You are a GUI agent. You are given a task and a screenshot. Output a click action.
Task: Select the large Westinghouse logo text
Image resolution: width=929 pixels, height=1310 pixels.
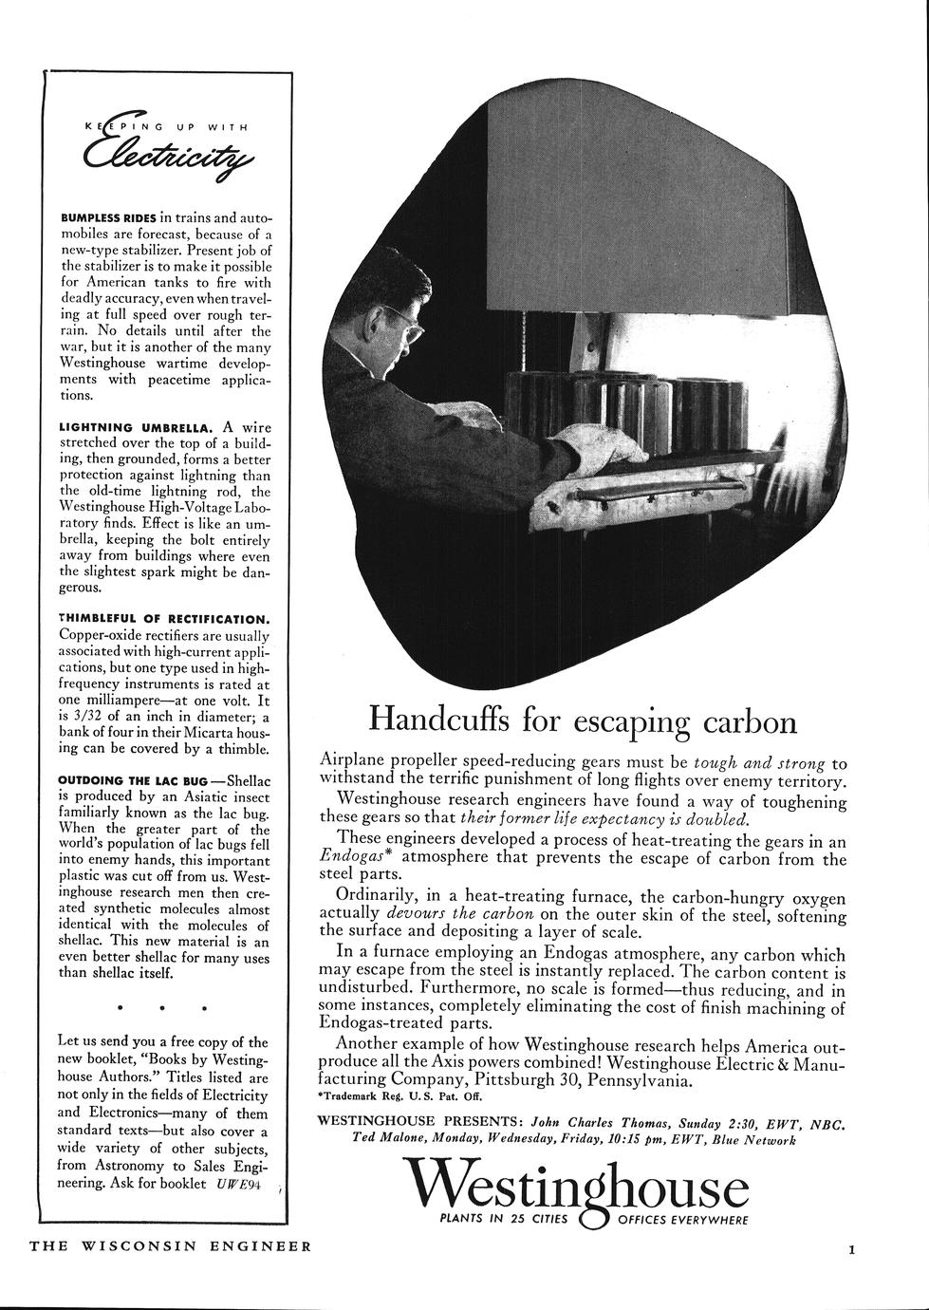tap(577, 1187)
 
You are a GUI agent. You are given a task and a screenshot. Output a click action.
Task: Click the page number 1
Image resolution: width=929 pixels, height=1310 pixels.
tap(851, 1250)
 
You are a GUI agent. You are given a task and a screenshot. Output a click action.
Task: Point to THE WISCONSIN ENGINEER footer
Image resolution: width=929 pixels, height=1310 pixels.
tap(170, 1245)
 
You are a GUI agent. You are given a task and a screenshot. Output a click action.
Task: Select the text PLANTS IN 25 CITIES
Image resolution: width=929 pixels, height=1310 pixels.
tap(497, 1221)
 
